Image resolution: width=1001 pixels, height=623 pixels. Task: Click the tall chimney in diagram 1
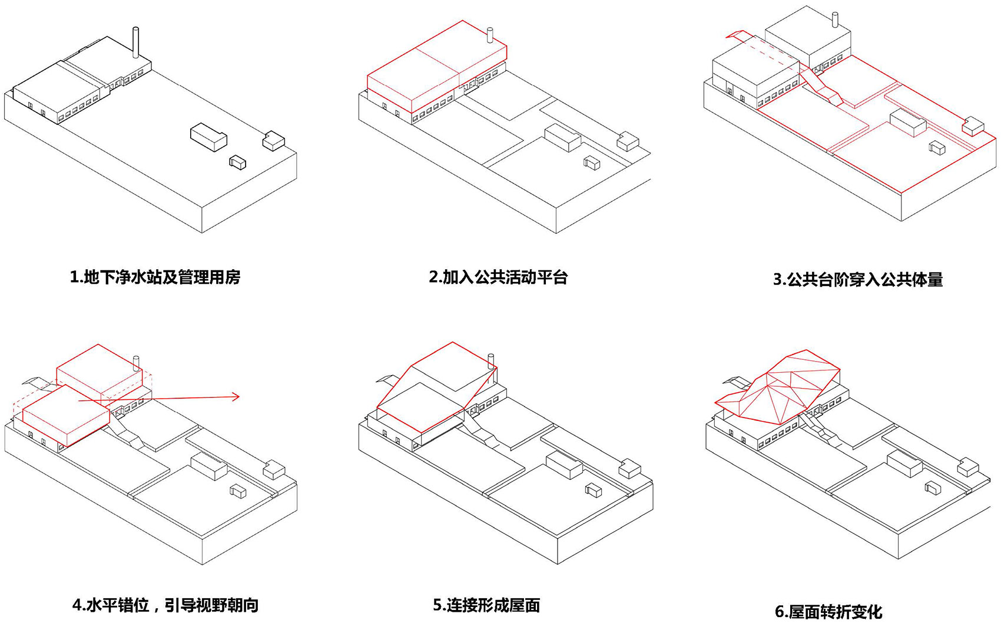(136, 42)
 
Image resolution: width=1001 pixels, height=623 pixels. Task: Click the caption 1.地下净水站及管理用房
(155, 277)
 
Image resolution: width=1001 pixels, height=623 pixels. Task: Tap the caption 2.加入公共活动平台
(498, 277)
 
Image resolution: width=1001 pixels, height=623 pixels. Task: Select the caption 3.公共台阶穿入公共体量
(858, 279)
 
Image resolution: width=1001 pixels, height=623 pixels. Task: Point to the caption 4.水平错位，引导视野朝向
(165, 605)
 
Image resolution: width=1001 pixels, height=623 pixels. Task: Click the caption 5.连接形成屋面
(486, 605)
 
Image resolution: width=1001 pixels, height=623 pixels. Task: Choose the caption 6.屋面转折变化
(828, 611)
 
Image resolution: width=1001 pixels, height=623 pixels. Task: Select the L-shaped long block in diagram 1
(208, 137)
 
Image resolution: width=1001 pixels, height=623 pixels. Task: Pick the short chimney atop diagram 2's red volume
(489, 35)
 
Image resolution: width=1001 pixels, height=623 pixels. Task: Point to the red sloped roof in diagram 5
(436, 389)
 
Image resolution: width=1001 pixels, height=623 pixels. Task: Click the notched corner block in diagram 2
(628, 141)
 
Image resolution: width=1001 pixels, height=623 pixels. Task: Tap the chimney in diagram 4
(137, 362)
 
